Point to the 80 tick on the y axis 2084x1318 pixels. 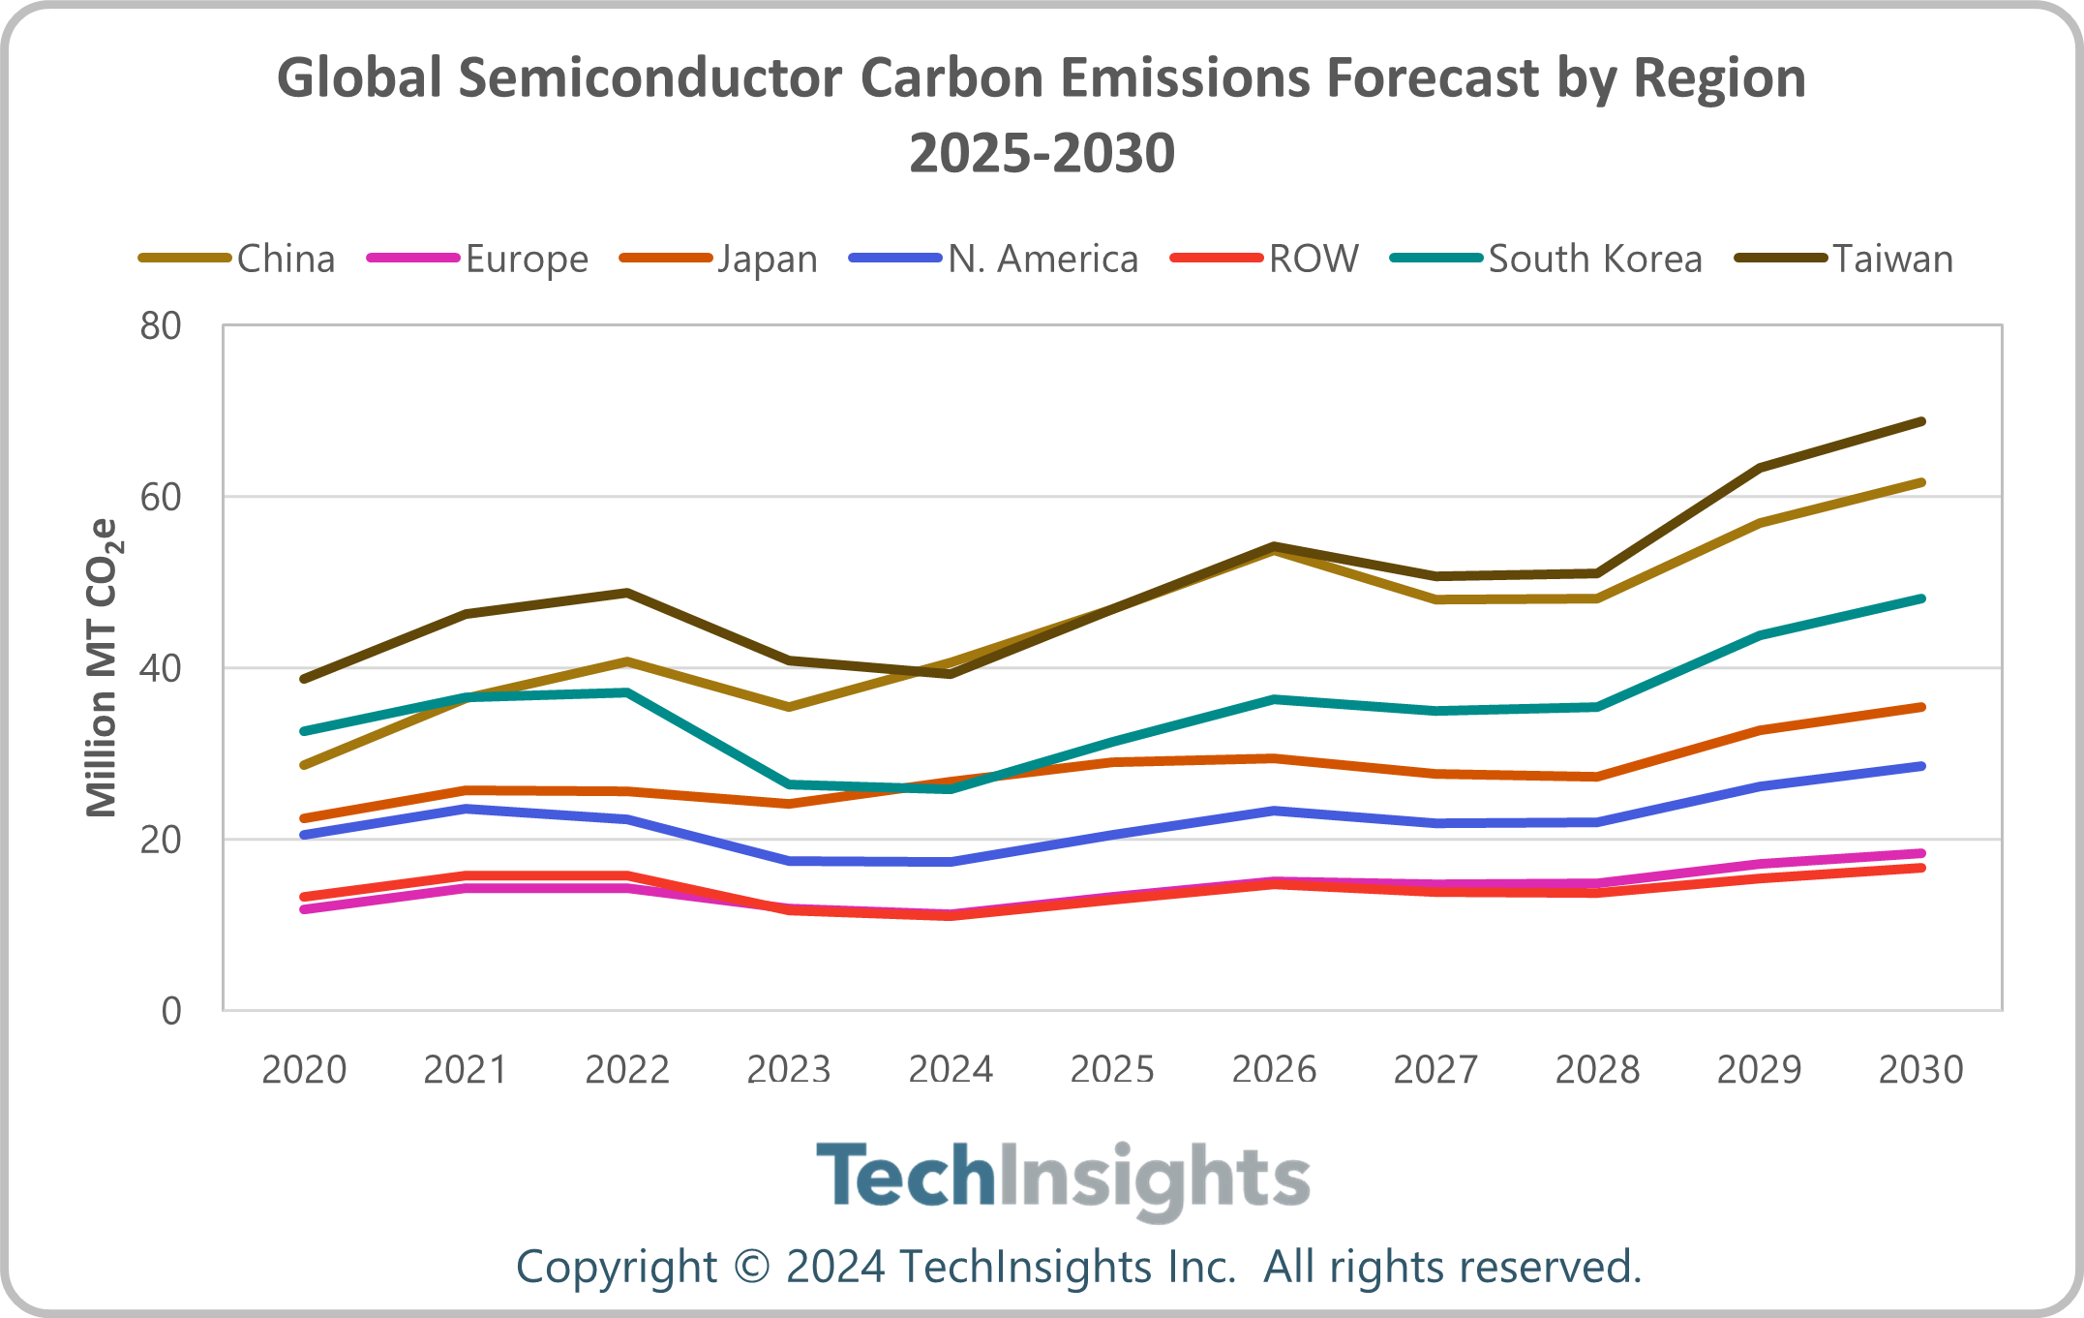(x=161, y=326)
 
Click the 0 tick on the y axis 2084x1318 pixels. (x=171, y=1011)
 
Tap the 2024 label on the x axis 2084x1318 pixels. (x=951, y=1070)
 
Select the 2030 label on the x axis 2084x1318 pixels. (x=1920, y=1070)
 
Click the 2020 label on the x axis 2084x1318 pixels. (x=304, y=1070)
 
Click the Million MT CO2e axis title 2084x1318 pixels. (x=103, y=668)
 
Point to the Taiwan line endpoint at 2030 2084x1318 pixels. (x=1921, y=421)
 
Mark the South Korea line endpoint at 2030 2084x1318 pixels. (x=1921, y=598)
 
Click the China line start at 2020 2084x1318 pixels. (x=304, y=765)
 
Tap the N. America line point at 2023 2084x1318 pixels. (x=790, y=860)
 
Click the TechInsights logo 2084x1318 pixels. (x=1062, y=1178)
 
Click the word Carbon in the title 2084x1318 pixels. (x=951, y=77)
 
